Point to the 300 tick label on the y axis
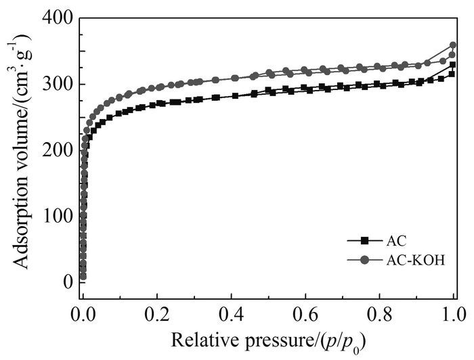[59, 85]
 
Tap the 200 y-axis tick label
[59, 150]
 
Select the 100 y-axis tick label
[59, 217]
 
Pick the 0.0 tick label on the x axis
[83, 313]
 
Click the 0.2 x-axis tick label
[157, 313]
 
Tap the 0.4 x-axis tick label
[232, 313]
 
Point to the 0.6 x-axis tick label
[306, 313]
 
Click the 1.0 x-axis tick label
[454, 313]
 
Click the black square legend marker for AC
[364, 240]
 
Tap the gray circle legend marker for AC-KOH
[364, 261]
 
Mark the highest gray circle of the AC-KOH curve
[452, 45]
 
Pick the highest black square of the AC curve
[452, 65]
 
